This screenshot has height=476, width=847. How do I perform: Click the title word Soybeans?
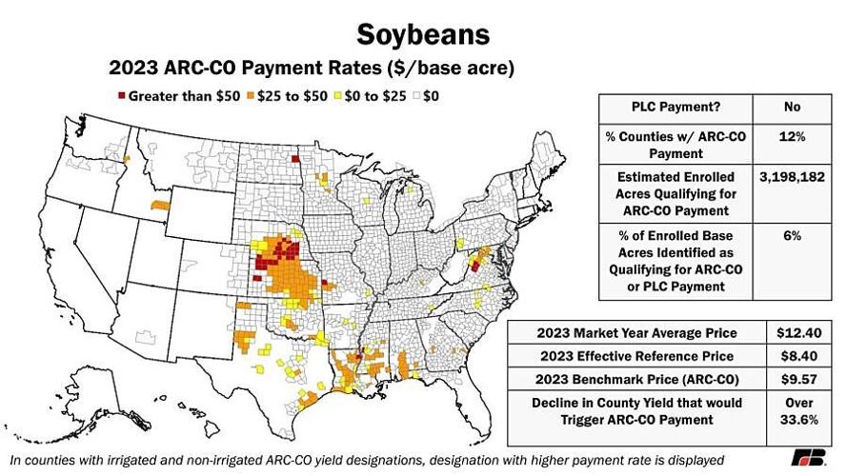click(423, 34)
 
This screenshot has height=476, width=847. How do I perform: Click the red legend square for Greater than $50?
click(121, 96)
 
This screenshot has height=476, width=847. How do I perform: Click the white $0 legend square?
click(426, 96)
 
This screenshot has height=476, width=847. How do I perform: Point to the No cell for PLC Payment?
click(792, 108)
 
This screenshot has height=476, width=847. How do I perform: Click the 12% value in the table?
click(792, 137)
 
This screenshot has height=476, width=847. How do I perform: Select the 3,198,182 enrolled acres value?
click(792, 177)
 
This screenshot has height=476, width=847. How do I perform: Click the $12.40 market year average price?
click(794, 333)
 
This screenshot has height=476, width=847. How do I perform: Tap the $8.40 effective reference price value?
click(794, 356)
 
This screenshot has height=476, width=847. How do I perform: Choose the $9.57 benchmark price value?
click(794, 379)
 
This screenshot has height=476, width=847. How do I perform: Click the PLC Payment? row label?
click(676, 108)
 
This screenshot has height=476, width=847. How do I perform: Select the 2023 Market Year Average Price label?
click(636, 333)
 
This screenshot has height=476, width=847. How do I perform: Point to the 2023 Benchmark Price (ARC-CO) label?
click(636, 379)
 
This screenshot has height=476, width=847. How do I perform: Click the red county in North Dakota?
click(295, 159)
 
